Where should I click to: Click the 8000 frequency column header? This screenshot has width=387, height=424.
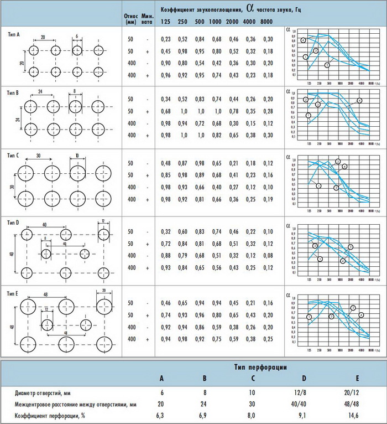pyautogui.click(x=266, y=21)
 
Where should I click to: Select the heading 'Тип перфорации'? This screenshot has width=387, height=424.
pyautogui.click(x=259, y=367)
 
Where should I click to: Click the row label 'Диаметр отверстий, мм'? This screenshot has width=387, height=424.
pyautogui.click(x=46, y=392)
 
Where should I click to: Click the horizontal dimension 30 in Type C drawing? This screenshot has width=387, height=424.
pyautogui.click(x=37, y=157)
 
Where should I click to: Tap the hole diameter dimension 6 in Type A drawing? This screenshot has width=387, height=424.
pyautogui.click(x=76, y=37)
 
